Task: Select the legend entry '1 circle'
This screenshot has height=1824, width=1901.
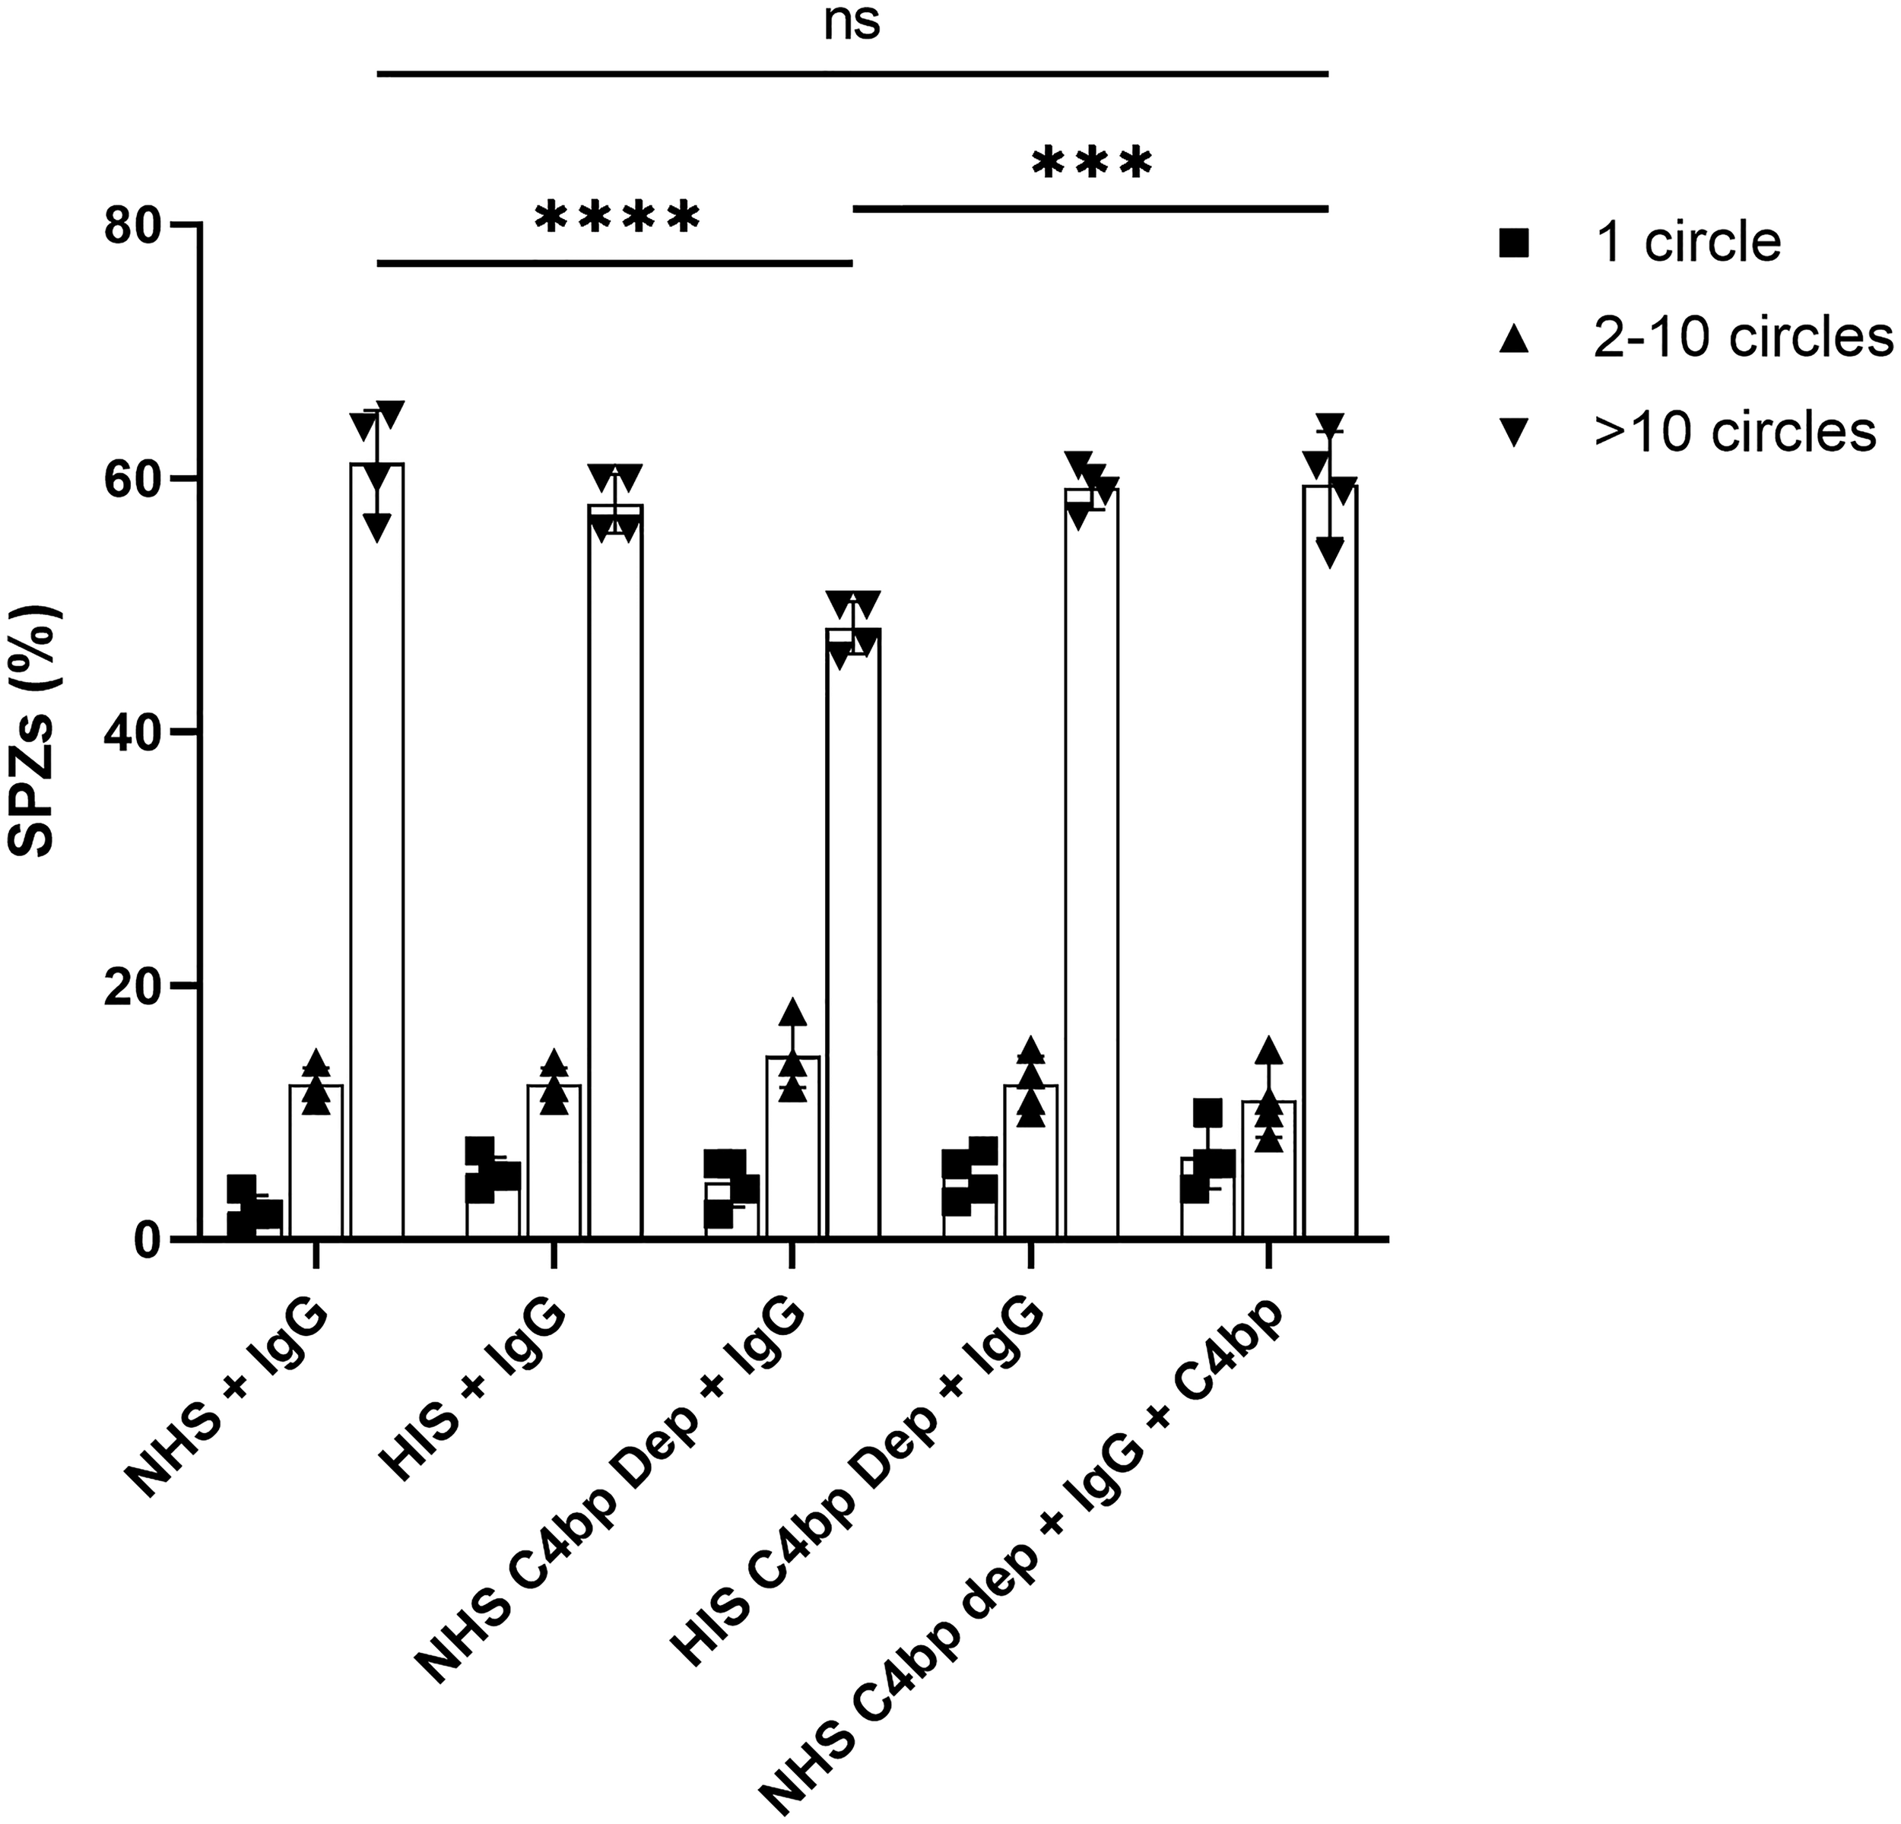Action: point(1687,243)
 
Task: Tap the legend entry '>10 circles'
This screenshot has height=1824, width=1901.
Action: point(1734,432)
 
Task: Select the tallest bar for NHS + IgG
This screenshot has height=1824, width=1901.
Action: point(377,853)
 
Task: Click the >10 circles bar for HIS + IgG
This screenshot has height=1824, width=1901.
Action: point(615,873)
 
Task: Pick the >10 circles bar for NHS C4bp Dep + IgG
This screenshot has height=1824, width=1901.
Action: point(853,936)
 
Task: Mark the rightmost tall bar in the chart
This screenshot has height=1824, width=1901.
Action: point(1330,863)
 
